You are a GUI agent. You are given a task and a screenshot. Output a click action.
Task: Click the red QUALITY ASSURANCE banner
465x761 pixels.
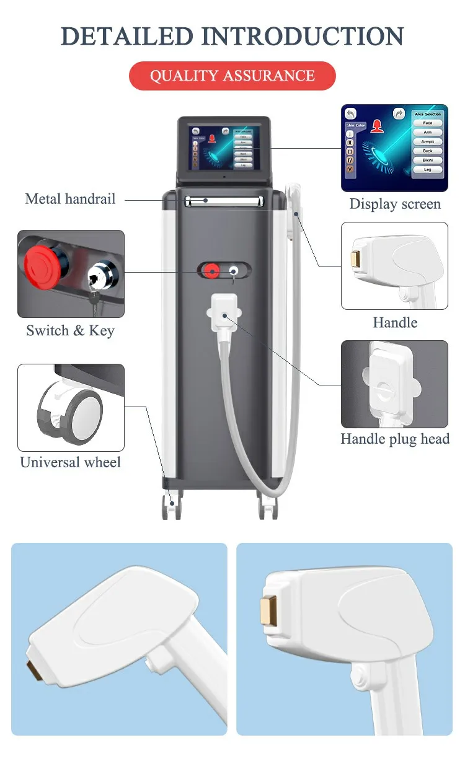tap(232, 76)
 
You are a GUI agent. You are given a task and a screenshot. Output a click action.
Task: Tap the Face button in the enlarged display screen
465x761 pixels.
tap(428, 123)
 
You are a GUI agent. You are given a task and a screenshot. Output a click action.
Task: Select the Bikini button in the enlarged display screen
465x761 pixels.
tap(428, 160)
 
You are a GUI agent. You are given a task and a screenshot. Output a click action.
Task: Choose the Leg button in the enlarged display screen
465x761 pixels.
tap(428, 169)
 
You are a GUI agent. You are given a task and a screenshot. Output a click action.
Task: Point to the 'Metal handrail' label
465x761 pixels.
tap(70, 199)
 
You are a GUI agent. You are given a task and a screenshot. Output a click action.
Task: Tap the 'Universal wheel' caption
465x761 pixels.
tap(70, 462)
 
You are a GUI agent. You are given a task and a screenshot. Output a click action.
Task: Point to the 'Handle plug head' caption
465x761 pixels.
tap(395, 439)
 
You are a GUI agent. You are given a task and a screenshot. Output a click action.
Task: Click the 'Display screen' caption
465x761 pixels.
tap(395, 204)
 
